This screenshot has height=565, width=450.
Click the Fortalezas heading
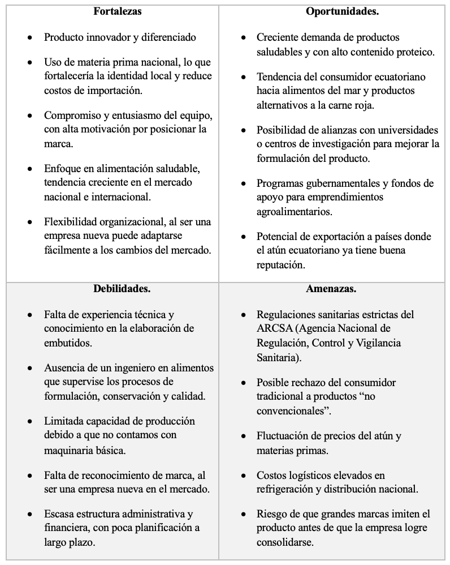click(117, 11)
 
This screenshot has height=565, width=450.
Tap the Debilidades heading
click(122, 289)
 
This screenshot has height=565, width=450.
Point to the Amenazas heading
click(331, 289)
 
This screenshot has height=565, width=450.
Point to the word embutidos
click(68, 343)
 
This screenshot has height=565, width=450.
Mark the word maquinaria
click(70, 450)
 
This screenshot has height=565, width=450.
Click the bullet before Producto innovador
click(30, 38)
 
